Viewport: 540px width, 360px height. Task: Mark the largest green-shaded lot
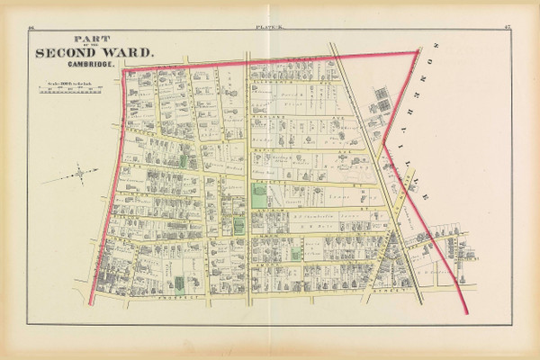(259, 196)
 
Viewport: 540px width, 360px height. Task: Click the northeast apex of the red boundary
(418, 52)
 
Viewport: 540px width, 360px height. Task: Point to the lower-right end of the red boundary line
(466, 315)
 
